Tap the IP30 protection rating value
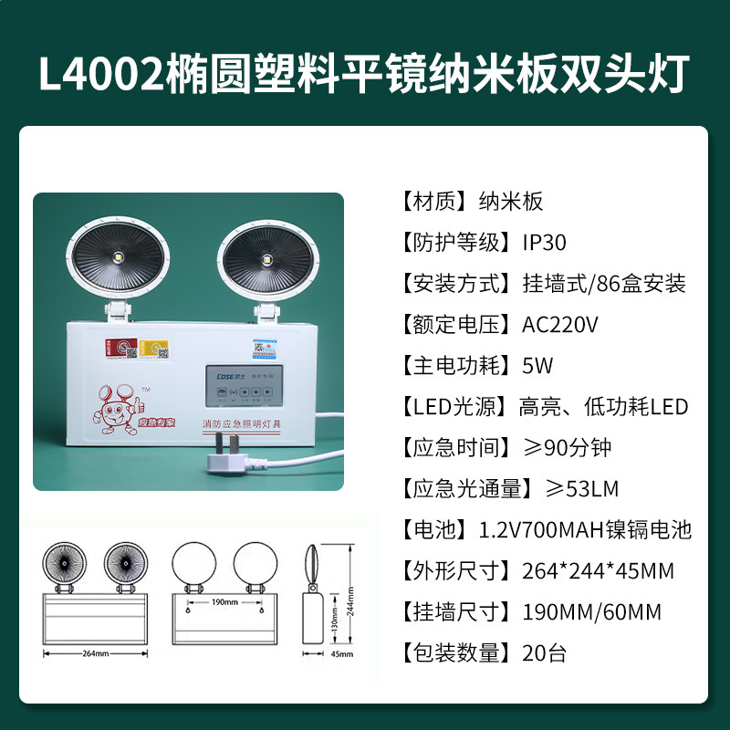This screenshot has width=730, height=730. point(544,243)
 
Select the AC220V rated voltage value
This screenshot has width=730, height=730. point(559,325)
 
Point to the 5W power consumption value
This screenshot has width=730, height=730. point(537,366)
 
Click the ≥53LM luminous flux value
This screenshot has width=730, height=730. point(581,489)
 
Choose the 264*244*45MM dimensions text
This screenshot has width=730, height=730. point(598,571)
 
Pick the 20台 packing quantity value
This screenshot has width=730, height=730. point(545,653)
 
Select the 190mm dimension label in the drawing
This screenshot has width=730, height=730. point(224,602)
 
